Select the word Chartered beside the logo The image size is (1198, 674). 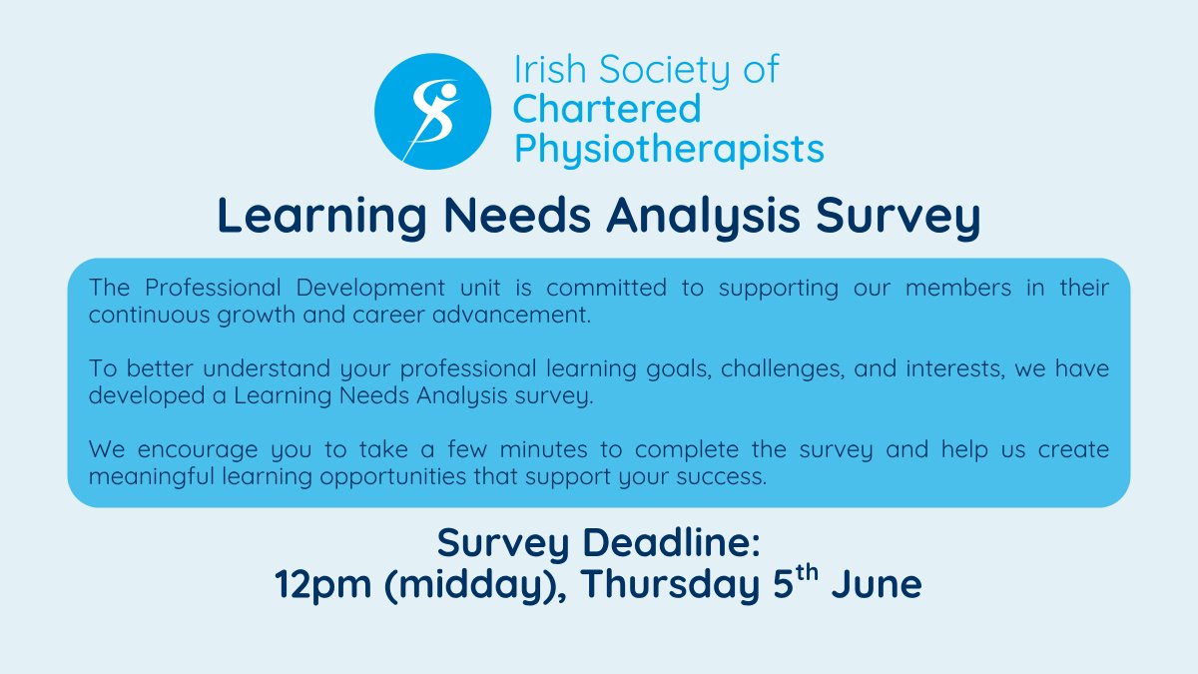coord(607,109)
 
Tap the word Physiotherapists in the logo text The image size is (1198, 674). coord(668,149)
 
